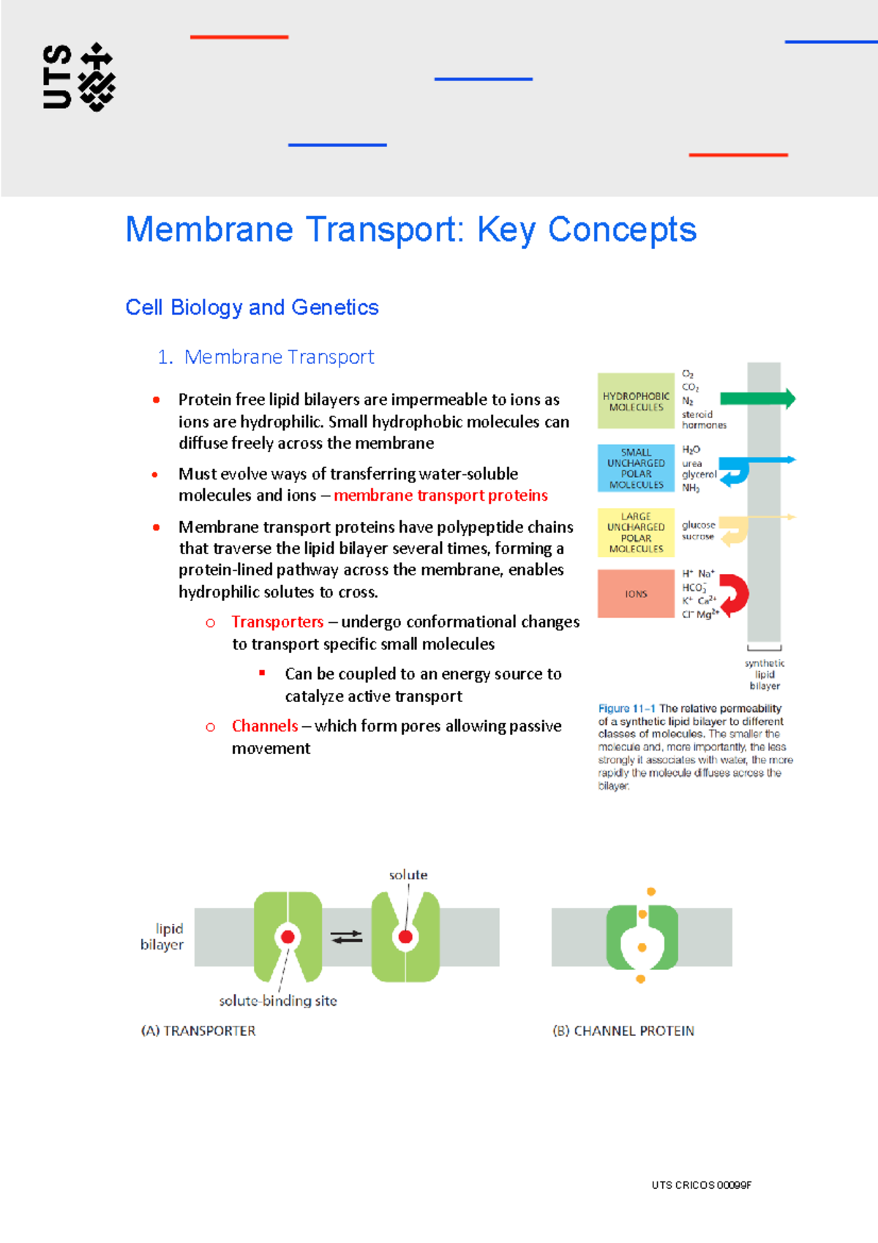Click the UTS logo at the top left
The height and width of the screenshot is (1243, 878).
click(78, 77)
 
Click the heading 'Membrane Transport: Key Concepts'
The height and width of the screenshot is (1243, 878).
click(410, 230)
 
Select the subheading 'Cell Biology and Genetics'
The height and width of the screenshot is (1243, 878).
click(252, 307)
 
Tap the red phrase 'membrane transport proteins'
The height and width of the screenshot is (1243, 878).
click(440, 496)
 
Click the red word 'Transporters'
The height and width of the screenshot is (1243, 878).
click(277, 622)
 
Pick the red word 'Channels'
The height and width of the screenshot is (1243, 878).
click(264, 726)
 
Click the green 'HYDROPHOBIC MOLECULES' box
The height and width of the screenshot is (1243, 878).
click(635, 401)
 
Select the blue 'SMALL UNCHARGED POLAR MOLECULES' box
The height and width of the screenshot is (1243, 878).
click(635, 469)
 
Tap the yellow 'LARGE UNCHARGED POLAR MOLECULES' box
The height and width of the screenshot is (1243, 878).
click(635, 533)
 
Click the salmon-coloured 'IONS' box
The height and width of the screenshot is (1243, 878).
click(635, 594)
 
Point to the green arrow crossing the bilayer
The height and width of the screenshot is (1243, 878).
click(757, 399)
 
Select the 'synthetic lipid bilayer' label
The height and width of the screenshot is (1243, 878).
click(765, 674)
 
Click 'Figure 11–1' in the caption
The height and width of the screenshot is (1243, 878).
click(626, 709)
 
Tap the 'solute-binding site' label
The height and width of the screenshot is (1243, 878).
click(277, 1001)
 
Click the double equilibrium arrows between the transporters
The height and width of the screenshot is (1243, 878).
click(346, 936)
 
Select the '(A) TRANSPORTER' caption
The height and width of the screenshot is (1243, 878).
click(198, 1031)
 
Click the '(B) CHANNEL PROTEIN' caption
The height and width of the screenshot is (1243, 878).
click(623, 1031)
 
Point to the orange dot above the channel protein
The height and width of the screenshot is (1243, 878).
click(650, 892)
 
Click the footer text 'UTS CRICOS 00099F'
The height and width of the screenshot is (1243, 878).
click(701, 1185)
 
